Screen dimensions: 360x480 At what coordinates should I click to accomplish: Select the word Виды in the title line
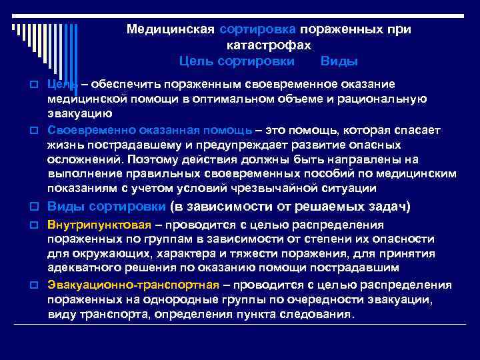[x=339, y=61]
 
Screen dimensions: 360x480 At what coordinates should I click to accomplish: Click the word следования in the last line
[x=323, y=314]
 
